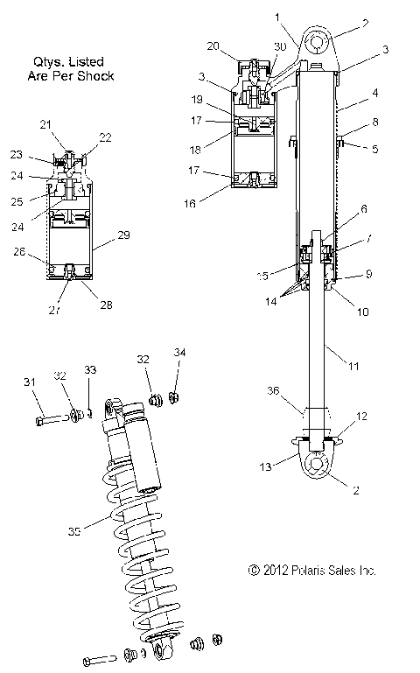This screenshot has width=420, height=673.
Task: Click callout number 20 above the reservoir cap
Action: [213, 46]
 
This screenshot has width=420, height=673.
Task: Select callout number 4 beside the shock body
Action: [374, 92]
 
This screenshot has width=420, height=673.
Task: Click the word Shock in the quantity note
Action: [97, 76]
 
